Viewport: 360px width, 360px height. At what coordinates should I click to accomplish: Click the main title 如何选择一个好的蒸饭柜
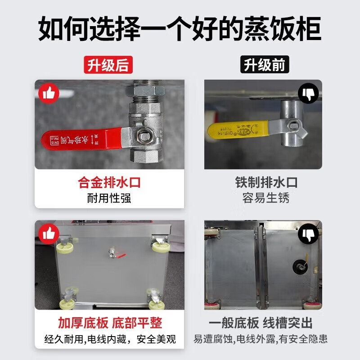pyautogui.click(x=180, y=29)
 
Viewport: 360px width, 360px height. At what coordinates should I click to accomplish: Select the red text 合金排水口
pyautogui.click(x=109, y=183)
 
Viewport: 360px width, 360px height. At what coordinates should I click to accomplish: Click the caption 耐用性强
pyautogui.click(x=109, y=198)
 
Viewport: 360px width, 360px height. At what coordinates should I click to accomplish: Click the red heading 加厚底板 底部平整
pyautogui.click(x=109, y=323)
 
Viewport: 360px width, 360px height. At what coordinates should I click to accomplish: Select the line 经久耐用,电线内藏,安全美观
pyautogui.click(x=109, y=339)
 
